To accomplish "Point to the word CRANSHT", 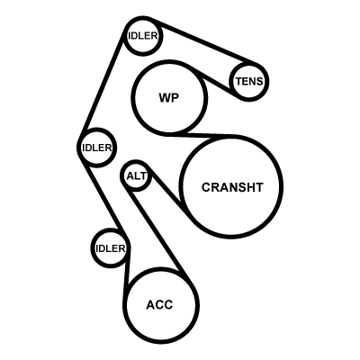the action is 232,187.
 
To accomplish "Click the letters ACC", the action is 159,305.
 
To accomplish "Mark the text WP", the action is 169,98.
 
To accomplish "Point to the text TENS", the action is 249,81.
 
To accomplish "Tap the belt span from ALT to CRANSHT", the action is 166,191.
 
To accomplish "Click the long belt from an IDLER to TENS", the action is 204,42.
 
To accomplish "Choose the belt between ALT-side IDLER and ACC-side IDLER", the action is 103,198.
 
